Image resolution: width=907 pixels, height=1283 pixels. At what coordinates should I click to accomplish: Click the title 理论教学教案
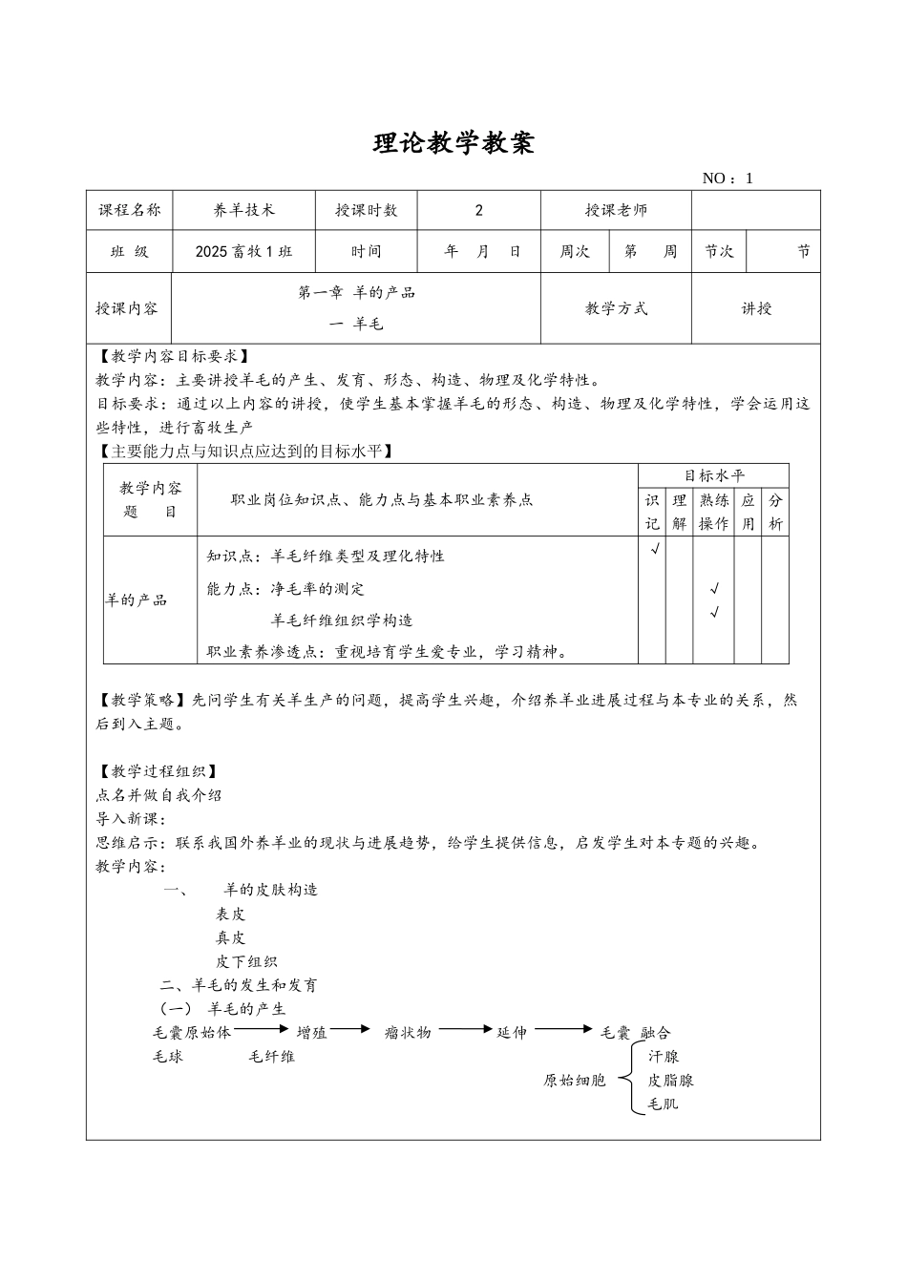453,143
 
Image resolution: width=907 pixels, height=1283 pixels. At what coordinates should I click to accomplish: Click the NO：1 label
728,179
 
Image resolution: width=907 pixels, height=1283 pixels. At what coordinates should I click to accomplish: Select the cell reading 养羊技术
243,210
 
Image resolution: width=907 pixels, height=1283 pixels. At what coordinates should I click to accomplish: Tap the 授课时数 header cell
367,210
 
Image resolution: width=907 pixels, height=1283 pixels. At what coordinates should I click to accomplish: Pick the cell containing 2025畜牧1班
243,252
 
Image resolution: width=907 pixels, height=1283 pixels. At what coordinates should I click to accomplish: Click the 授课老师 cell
616,210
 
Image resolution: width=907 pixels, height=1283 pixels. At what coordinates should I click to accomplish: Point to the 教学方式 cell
616,308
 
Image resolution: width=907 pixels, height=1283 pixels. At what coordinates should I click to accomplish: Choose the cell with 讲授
756,308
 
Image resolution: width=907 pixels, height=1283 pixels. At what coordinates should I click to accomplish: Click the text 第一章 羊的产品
357,293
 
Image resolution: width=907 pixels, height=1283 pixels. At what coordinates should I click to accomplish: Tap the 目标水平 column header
714,475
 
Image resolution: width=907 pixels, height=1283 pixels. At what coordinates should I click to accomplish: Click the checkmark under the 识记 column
654,549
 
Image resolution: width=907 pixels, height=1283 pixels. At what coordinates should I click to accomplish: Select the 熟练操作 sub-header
714,512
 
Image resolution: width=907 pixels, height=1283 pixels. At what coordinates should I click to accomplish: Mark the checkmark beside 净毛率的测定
714,589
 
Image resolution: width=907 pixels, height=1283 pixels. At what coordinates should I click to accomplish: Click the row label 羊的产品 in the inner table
137,600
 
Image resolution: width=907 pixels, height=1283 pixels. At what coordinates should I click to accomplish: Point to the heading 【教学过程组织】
158,771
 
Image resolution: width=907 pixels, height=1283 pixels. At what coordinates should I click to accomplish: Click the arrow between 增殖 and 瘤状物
351,1028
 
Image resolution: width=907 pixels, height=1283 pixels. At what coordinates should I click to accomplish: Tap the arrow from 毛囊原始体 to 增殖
261,1028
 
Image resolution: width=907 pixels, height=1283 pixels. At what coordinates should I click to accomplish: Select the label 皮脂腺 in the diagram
670,1081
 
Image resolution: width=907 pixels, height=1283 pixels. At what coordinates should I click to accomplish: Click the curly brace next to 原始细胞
627,1080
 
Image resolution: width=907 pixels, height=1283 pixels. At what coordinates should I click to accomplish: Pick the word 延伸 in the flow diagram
511,1033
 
